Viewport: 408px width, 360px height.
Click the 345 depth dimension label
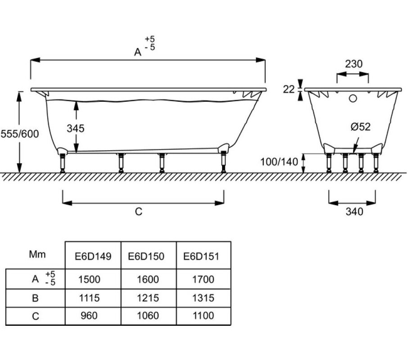(76, 128)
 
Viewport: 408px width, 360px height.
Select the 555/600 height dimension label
(20, 134)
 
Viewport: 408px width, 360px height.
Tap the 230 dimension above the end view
(354, 64)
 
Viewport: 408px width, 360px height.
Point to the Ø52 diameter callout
(360, 127)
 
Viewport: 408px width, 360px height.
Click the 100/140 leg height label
(279, 162)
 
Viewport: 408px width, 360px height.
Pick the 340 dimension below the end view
(354, 211)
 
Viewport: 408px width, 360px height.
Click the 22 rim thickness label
(289, 89)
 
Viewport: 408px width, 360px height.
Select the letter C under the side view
(139, 211)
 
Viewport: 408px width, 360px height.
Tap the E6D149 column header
(93, 256)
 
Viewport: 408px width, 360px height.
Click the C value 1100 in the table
(203, 316)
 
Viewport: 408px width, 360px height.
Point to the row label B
(36, 298)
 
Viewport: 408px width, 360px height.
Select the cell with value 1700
(203, 279)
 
